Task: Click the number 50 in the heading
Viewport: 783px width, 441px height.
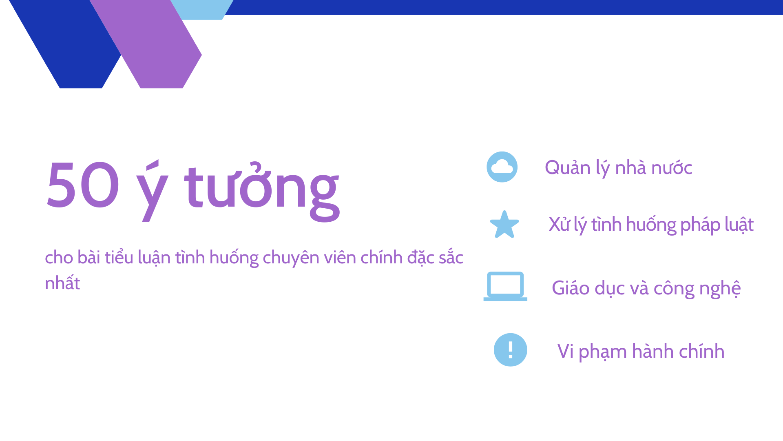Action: click(x=83, y=185)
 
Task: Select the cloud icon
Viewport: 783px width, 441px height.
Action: click(x=502, y=167)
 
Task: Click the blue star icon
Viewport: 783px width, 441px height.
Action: click(x=504, y=225)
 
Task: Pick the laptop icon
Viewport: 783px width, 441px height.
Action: click(x=505, y=286)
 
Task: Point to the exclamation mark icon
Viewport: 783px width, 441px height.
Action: click(x=510, y=350)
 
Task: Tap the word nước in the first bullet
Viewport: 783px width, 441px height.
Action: click(x=672, y=168)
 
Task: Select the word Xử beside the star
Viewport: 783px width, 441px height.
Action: click(x=559, y=224)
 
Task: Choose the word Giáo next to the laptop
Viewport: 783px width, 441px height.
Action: click(x=571, y=288)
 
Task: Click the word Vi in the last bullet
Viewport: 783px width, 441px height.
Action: click(x=565, y=351)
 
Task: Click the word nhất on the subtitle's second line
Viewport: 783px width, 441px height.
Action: click(x=62, y=283)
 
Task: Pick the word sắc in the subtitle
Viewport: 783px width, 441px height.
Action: click(x=451, y=258)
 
